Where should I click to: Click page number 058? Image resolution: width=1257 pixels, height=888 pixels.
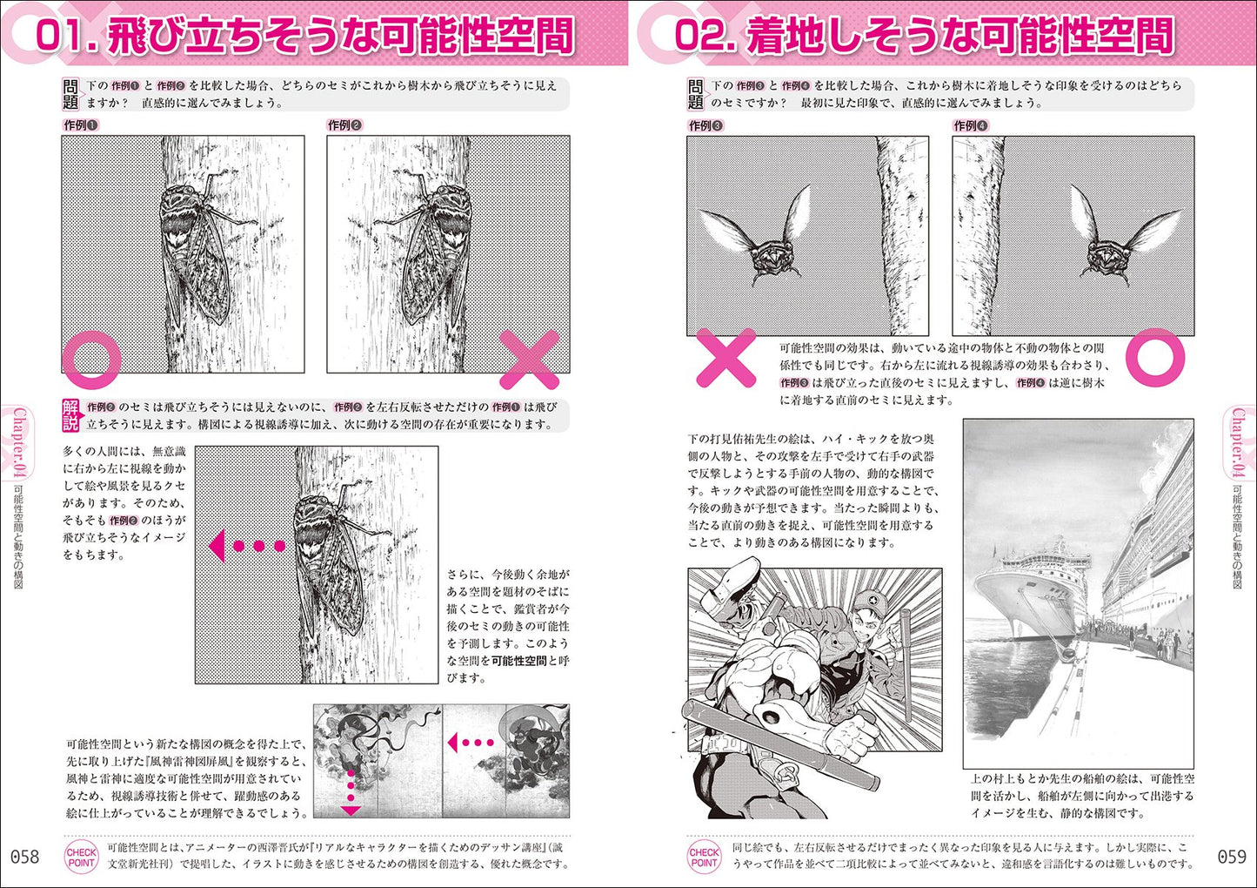(x=25, y=857)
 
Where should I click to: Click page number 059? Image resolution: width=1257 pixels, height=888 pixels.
(x=1232, y=857)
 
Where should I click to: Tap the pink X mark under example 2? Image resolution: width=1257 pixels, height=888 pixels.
(x=529, y=360)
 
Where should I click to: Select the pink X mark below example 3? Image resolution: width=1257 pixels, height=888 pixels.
(x=726, y=358)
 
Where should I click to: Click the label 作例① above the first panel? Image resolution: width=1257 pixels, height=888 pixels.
(x=80, y=125)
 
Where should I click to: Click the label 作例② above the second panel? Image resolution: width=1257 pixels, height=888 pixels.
(x=344, y=125)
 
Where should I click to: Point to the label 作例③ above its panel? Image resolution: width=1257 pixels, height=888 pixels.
(x=705, y=126)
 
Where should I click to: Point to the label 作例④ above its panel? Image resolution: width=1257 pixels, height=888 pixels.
(x=970, y=126)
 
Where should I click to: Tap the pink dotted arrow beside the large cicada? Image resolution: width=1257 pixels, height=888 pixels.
(x=247, y=545)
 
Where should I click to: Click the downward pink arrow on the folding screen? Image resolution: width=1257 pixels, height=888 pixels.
(x=351, y=792)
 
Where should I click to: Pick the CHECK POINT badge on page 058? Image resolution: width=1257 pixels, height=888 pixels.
(x=82, y=858)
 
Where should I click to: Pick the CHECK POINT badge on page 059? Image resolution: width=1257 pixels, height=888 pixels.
(x=704, y=858)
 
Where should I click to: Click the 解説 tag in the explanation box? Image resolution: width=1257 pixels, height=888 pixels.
(x=70, y=415)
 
